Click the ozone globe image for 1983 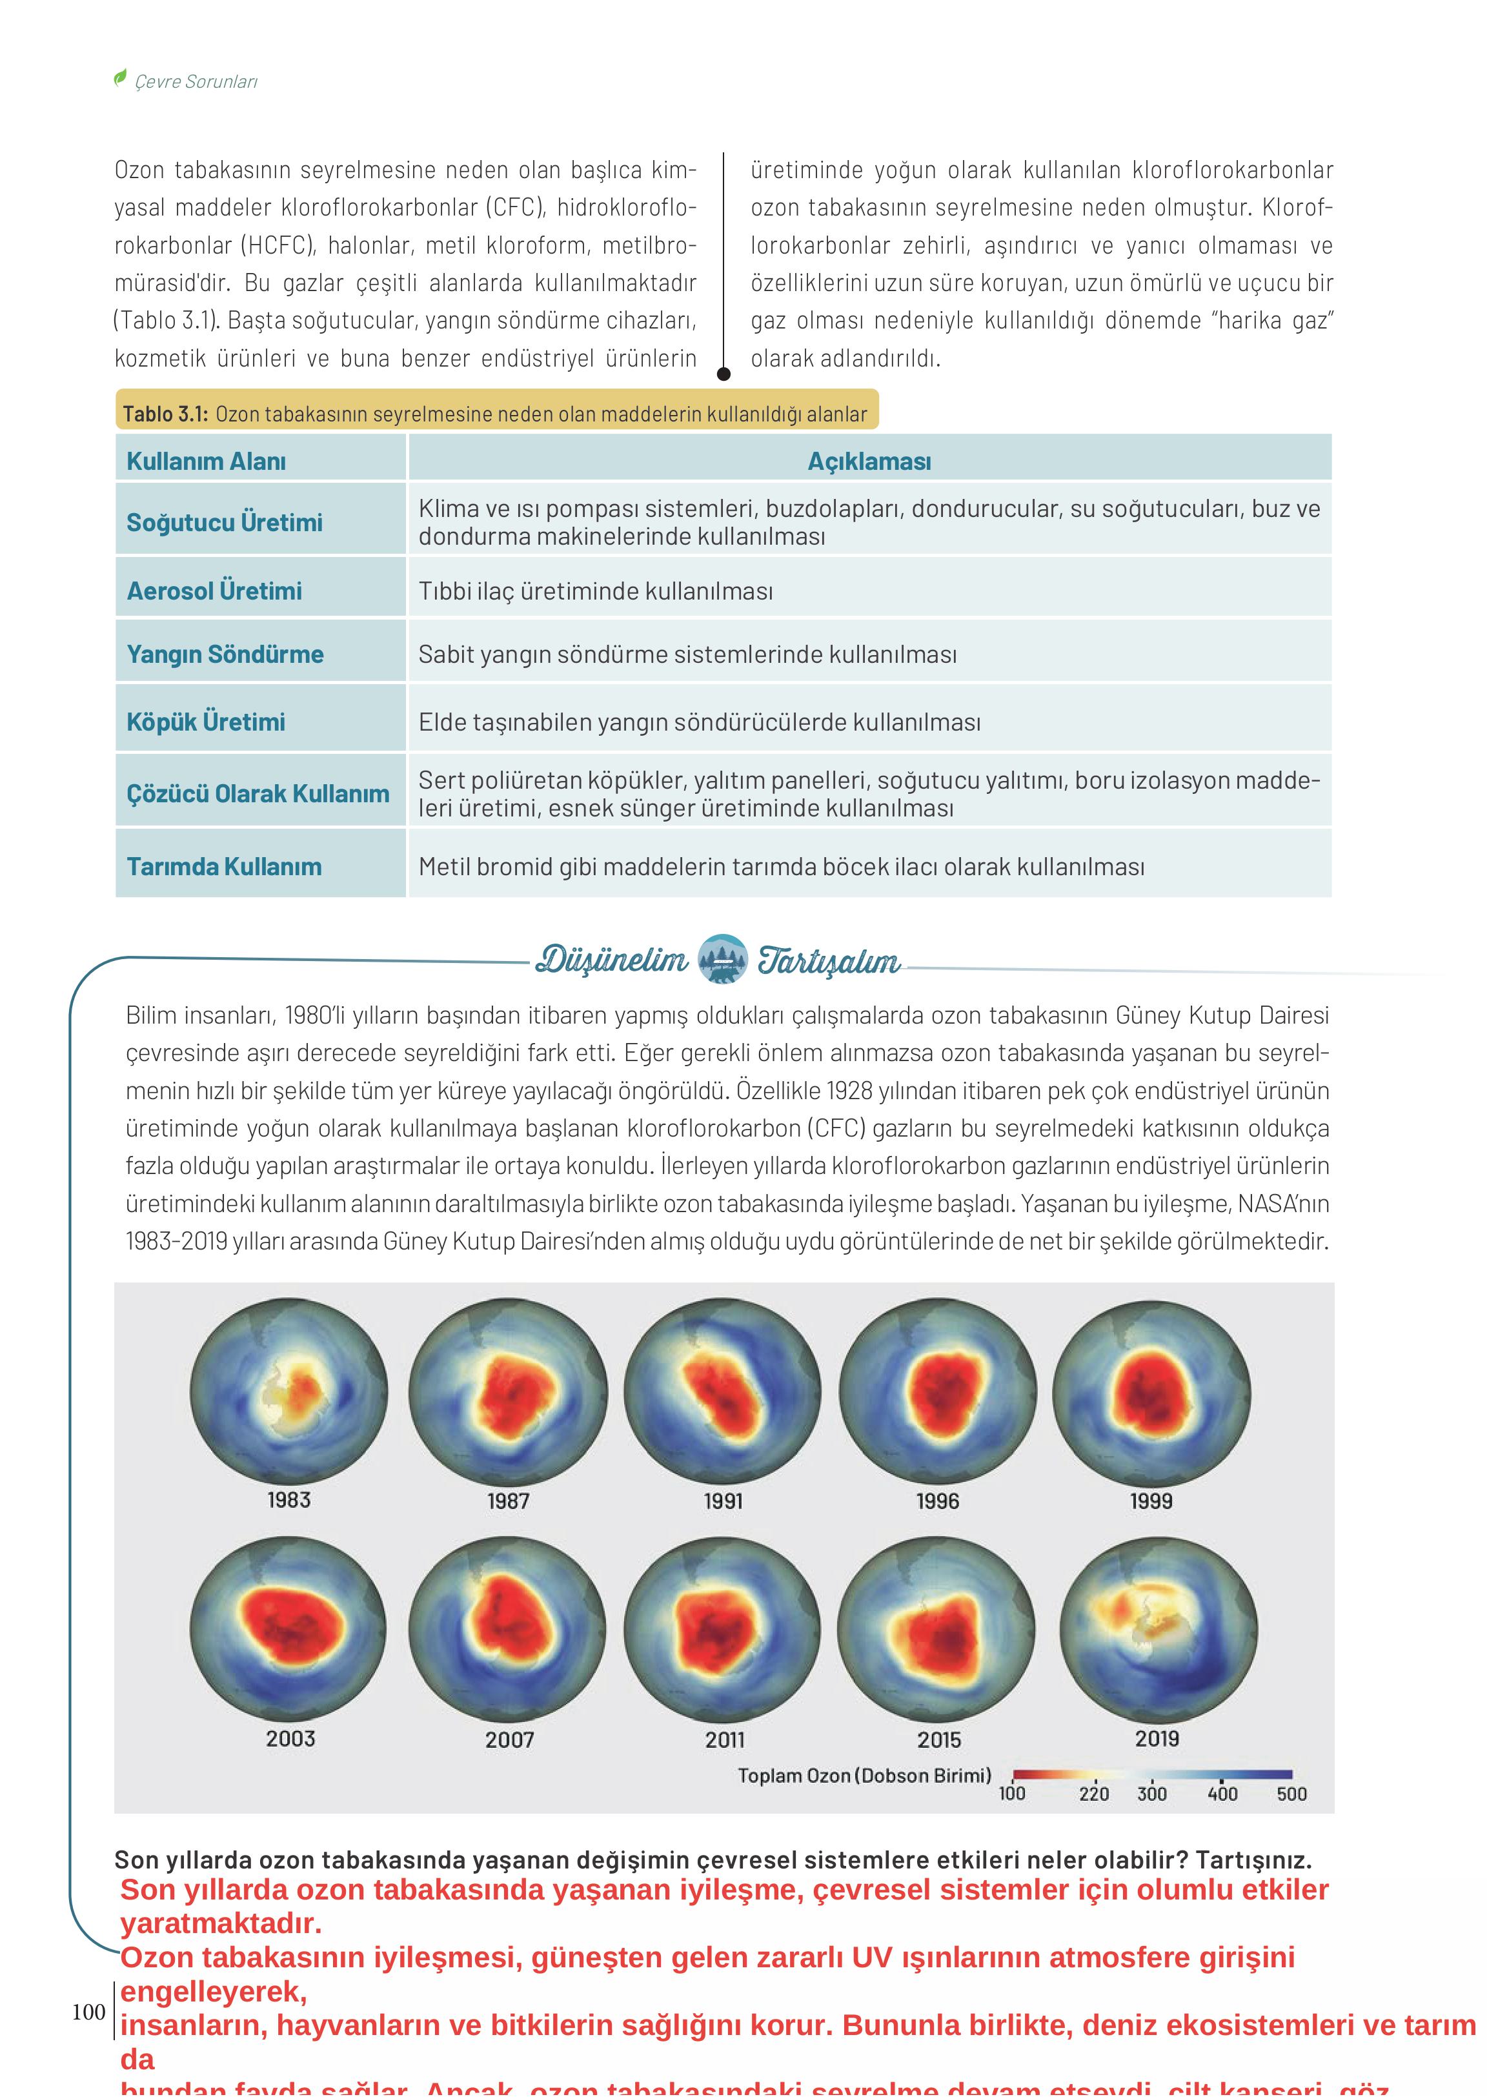pos(288,1392)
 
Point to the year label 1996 pos(938,1501)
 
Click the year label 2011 pos(724,1739)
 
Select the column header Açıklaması pos(869,461)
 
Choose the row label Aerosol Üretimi pos(214,591)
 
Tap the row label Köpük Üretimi pos(206,722)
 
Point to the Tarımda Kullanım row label pos(225,866)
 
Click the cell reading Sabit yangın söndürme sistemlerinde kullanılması pos(687,654)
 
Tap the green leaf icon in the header pos(120,78)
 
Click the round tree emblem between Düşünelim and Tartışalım pos(722,958)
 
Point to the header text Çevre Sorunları pos(196,81)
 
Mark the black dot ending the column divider pos(723,374)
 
